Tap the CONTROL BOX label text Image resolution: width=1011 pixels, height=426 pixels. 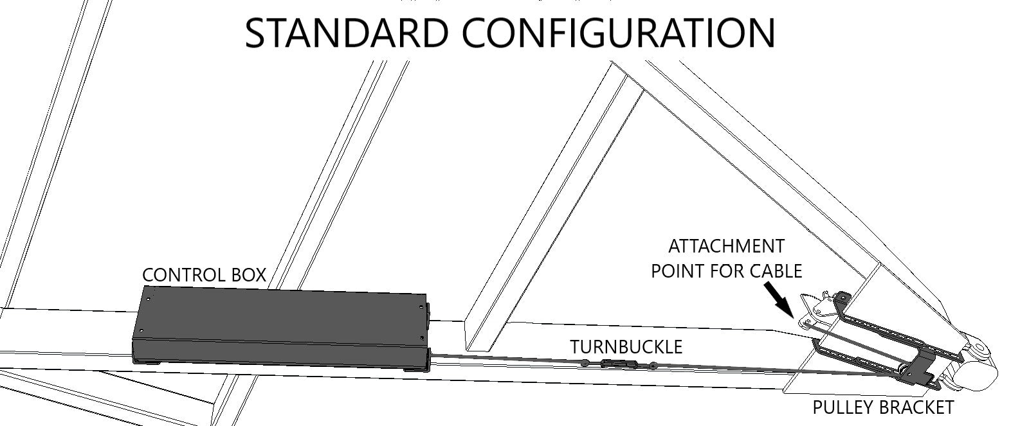pyautogui.click(x=204, y=275)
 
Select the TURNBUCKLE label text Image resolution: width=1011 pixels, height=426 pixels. pyautogui.click(x=626, y=347)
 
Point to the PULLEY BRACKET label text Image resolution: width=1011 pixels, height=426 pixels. pyautogui.click(x=882, y=407)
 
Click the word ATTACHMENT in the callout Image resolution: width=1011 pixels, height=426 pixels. pyautogui.click(x=726, y=246)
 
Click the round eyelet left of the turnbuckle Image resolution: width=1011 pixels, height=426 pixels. pyautogui.click(x=585, y=363)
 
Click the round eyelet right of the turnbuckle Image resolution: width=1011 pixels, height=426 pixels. pyautogui.click(x=652, y=366)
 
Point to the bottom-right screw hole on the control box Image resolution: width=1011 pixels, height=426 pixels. pyautogui.click(x=421, y=339)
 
